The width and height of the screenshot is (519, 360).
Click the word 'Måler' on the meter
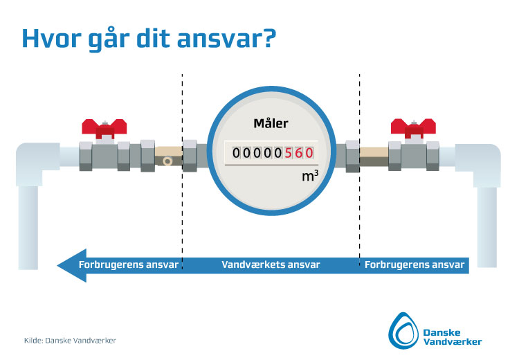click(271, 123)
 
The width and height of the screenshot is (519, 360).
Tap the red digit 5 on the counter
click(289, 153)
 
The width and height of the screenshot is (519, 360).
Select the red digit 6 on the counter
click(299, 153)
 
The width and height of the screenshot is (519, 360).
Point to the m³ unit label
click(310, 176)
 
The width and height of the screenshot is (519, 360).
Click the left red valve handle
click(104, 129)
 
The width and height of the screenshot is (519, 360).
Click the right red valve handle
click(413, 129)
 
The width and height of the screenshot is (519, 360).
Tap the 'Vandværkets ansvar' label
click(271, 264)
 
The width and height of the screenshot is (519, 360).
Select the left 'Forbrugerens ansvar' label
click(129, 264)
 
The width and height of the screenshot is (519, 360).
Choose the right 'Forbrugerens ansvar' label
click(415, 264)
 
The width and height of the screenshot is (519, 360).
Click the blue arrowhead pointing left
click(72, 265)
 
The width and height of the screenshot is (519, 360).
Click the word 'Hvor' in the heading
click(51, 38)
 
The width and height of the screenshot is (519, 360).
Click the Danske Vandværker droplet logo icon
click(403, 330)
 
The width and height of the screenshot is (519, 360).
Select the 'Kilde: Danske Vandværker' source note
click(70, 340)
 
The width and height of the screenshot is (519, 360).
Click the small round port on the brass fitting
click(167, 161)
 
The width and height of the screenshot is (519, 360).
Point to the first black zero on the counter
click(236, 153)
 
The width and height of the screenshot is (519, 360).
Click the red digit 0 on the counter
click(309, 153)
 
